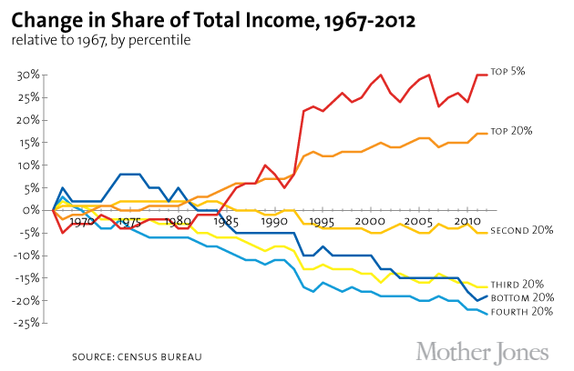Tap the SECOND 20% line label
pyautogui.click(x=522, y=230)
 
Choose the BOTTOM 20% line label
pyautogui.click(x=522, y=297)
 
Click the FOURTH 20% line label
pyautogui.click(x=522, y=313)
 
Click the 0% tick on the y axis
pyautogui.click(x=31, y=210)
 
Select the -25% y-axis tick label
pyautogui.click(x=26, y=323)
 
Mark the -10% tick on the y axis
pyautogui.click(x=26, y=256)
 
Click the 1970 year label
pyautogui.click(x=82, y=221)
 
